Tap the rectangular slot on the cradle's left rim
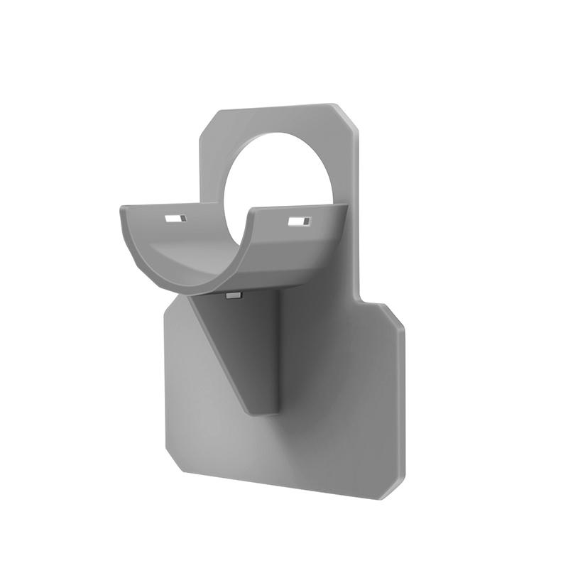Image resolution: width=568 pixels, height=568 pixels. (x=175, y=218)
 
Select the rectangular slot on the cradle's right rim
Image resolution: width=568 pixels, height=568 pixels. (x=298, y=222)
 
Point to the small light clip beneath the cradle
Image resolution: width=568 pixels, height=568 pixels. (x=233, y=294)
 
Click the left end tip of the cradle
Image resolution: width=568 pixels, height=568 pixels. (x=122, y=208)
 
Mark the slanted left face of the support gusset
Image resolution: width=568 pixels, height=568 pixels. (x=227, y=348)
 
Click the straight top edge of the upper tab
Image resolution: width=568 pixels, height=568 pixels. (x=277, y=108)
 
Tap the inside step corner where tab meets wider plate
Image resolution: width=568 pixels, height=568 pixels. (x=364, y=298)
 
